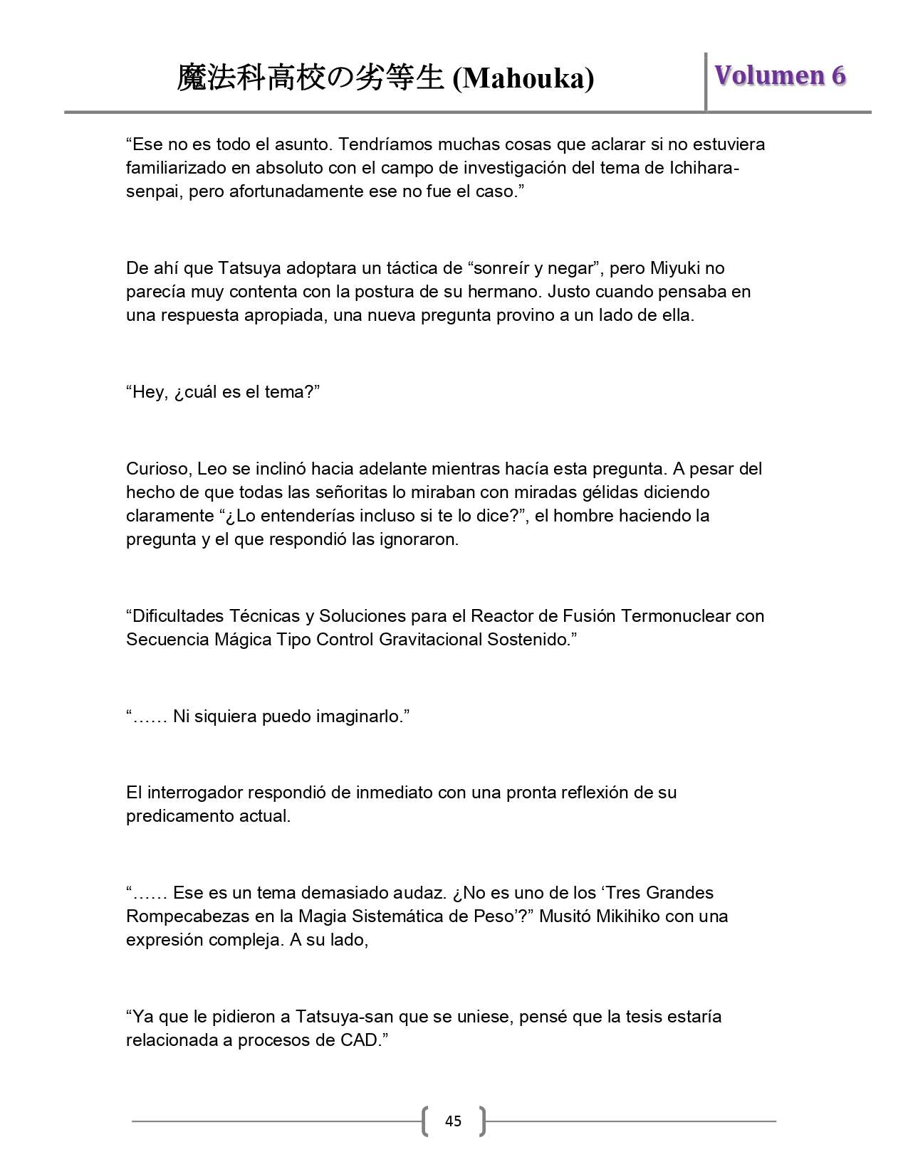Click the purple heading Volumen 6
click(x=780, y=75)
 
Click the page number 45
click(x=453, y=1121)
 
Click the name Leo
click(x=211, y=469)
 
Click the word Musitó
click(x=566, y=916)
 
